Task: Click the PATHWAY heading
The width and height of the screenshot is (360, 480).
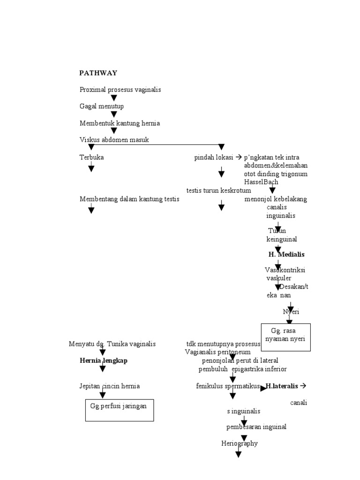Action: (98, 73)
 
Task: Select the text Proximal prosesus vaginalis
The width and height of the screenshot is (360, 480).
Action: (120, 90)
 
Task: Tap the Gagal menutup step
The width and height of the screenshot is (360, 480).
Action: (101, 106)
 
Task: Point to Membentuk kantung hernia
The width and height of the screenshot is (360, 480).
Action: (120, 123)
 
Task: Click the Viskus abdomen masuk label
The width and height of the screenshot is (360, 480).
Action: (114, 140)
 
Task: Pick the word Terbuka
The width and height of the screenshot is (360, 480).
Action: (91, 157)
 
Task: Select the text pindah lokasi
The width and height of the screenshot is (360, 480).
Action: (214, 157)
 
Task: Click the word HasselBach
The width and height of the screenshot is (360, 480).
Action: (261, 182)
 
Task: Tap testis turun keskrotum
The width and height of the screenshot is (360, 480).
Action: (218, 190)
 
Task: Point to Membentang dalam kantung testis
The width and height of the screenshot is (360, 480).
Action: (129, 199)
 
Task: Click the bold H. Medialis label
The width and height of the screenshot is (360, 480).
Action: (286, 255)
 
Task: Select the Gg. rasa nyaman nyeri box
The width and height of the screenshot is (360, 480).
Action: (285, 337)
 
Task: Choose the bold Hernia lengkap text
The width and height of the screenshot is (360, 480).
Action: (103, 360)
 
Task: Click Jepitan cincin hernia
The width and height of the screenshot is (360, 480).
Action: (110, 386)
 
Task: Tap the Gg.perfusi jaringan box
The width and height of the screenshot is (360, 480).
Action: (119, 410)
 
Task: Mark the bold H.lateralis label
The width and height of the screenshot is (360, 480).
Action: (282, 386)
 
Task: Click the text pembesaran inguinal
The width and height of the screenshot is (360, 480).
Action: (256, 427)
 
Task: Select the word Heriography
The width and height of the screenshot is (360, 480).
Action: (239, 443)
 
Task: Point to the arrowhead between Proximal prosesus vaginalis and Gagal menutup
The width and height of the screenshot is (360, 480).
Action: (113, 98)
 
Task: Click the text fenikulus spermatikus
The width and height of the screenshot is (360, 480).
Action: (228, 386)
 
